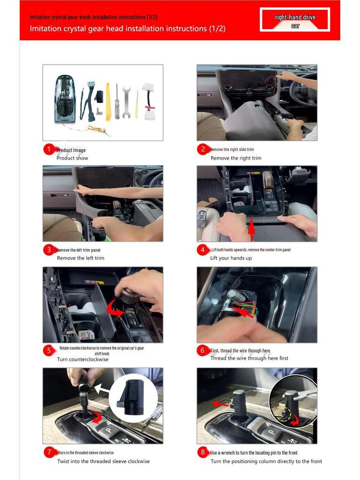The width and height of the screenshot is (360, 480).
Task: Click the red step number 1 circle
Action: pyautogui.click(x=49, y=150)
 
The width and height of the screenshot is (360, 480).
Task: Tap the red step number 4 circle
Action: pyautogui.click(x=202, y=250)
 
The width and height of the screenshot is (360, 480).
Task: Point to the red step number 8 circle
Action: pyautogui.click(x=202, y=452)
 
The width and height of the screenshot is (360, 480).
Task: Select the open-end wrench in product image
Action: pyautogui.click(x=126, y=101)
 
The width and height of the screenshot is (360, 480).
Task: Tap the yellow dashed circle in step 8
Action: pyautogui.click(x=284, y=413)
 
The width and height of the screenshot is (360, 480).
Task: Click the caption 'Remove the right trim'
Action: pyautogui.click(x=236, y=158)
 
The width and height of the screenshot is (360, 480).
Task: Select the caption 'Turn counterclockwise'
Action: pyautogui.click(x=82, y=360)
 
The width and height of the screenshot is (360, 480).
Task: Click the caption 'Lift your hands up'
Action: pyautogui.click(x=231, y=258)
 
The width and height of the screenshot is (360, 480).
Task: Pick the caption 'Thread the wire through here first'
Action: pyautogui.click(x=249, y=358)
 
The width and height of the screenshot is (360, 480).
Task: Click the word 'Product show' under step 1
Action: pyautogui.click(x=72, y=158)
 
